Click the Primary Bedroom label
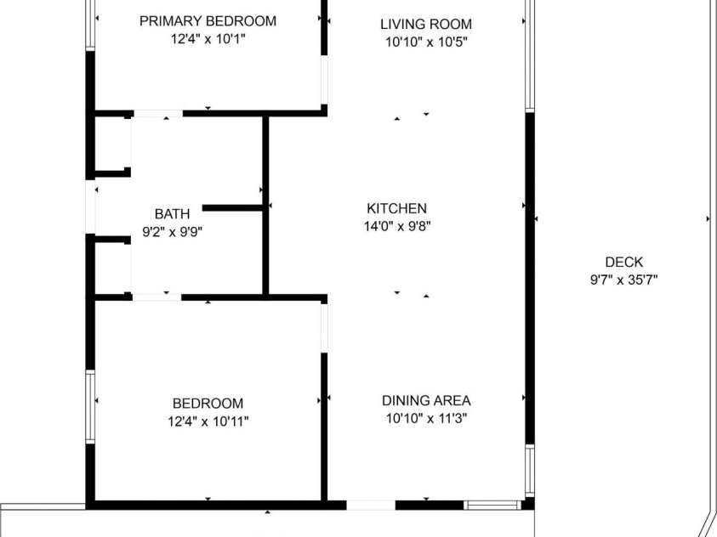(x=208, y=21)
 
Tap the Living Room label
(x=425, y=24)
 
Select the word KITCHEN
(x=396, y=208)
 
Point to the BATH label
(x=172, y=213)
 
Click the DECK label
(x=623, y=263)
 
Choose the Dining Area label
(x=425, y=401)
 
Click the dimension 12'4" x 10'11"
(x=208, y=421)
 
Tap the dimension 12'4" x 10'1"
(x=208, y=39)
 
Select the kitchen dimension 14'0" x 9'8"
(x=396, y=226)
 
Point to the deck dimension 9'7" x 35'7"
(x=623, y=280)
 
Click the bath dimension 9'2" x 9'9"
(x=172, y=230)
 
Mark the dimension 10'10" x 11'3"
(x=425, y=418)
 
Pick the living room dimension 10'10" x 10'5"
(x=425, y=41)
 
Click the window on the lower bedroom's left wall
(x=89, y=406)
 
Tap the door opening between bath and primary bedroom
(x=158, y=113)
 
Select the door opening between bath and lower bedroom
(x=156, y=297)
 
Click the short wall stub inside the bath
(x=231, y=207)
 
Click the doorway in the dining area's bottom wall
(x=371, y=505)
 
